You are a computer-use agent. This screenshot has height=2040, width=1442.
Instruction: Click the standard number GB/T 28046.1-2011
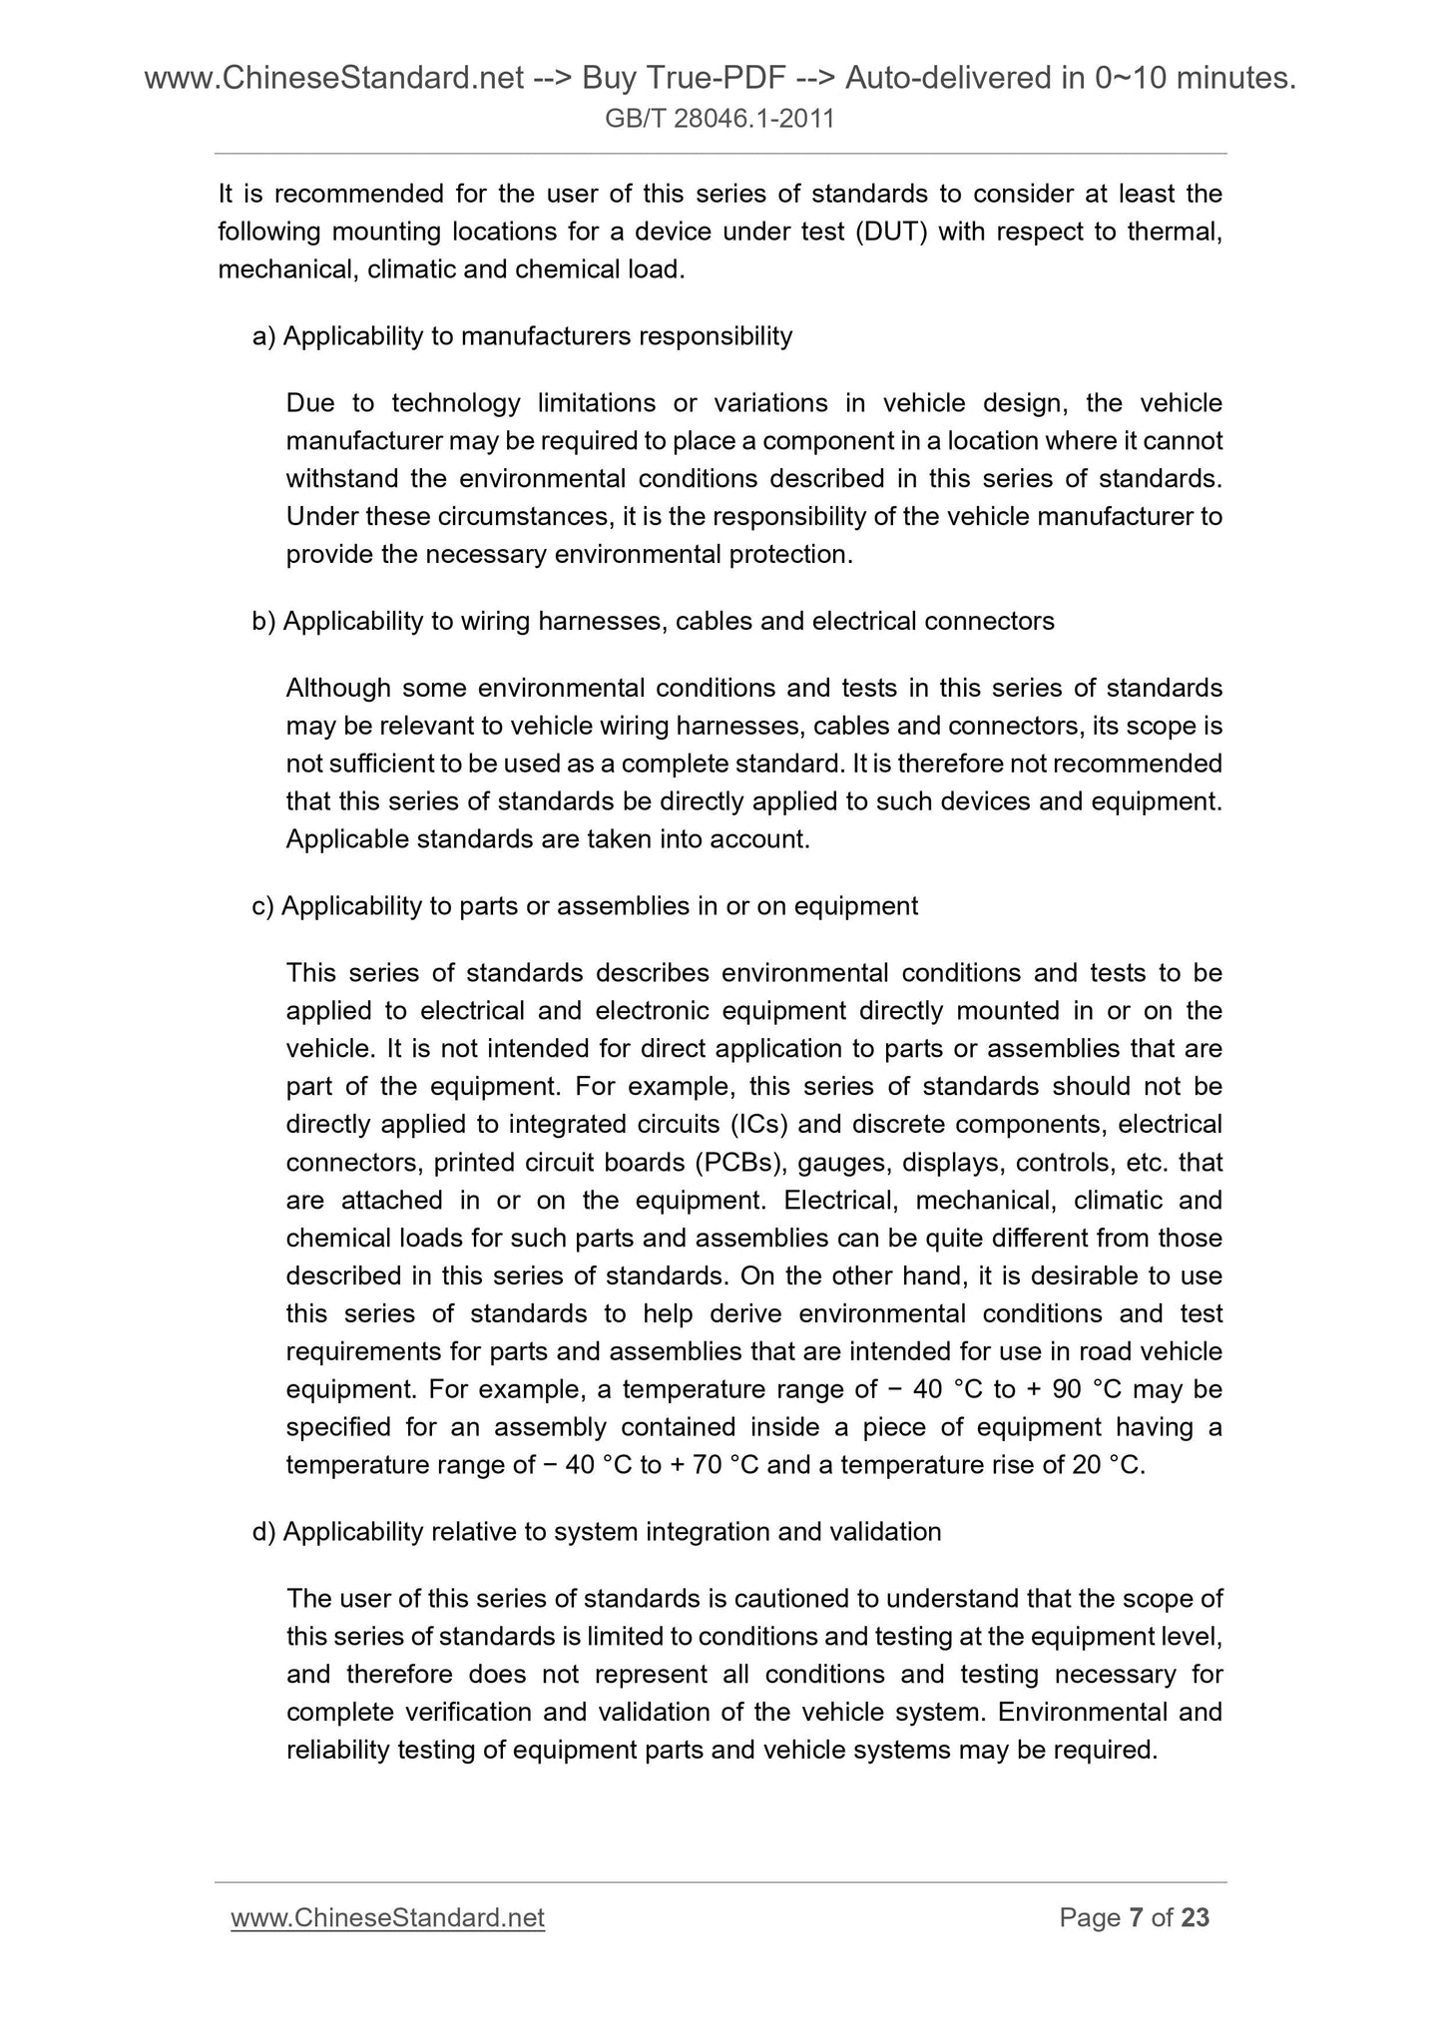(x=720, y=120)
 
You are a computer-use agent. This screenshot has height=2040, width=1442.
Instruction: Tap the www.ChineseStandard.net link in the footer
(x=387, y=1917)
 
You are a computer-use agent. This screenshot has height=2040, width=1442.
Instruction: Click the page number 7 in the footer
(x=1135, y=1917)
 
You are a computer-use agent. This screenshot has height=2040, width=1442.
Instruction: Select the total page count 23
(x=1195, y=1917)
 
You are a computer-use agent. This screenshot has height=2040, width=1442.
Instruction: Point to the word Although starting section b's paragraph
(x=338, y=688)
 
